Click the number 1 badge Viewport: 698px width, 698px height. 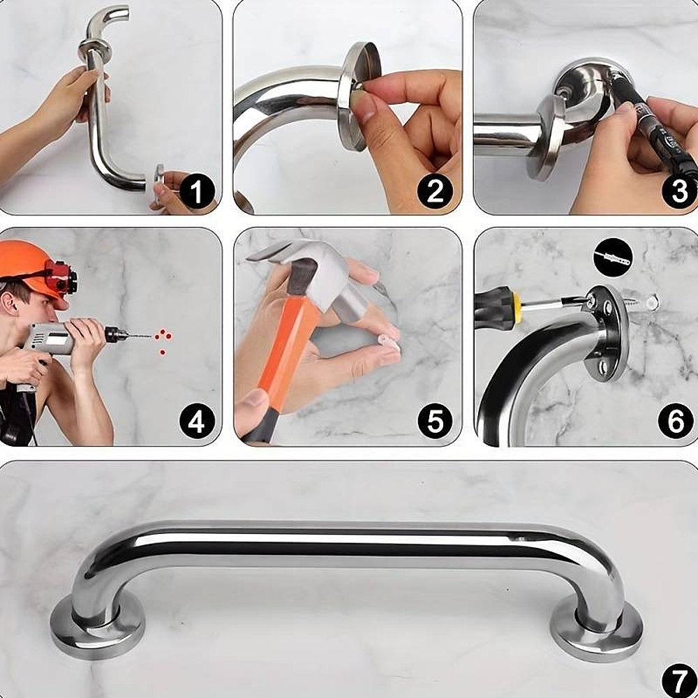198,191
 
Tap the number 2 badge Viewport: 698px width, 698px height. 435,191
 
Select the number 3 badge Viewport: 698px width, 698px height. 679,191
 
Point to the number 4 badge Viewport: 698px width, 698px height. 198,421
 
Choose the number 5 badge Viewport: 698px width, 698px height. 435,421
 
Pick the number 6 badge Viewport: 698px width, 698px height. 676,421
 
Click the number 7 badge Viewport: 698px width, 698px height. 679,681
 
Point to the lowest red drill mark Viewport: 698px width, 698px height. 163,352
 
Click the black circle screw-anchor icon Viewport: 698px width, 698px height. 613,258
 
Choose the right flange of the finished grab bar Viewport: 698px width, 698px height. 597,628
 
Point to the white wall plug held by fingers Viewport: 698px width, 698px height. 388,343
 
